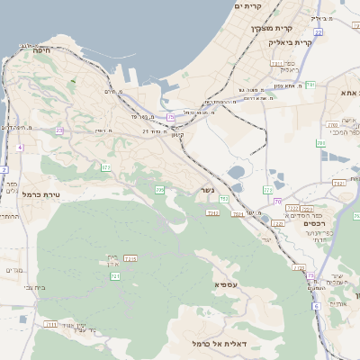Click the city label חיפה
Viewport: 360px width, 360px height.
(40, 51)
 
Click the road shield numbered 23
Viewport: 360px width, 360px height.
(59, 130)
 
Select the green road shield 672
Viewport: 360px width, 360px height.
(106, 166)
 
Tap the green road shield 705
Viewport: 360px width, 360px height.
(160, 190)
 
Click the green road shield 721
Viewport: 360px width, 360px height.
(115, 276)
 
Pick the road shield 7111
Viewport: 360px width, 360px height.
(50, 324)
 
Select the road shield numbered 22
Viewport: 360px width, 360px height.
(266, 190)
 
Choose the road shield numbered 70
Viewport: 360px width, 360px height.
(278, 201)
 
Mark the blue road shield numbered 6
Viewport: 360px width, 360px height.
(317, 307)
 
